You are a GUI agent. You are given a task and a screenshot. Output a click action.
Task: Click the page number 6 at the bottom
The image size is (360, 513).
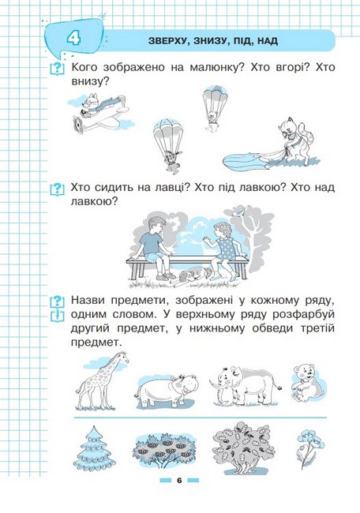(179, 480)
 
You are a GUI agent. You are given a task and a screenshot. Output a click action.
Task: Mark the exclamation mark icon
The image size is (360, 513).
(56, 316)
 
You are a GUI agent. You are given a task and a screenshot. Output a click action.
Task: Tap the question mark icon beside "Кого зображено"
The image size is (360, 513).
(56, 69)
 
